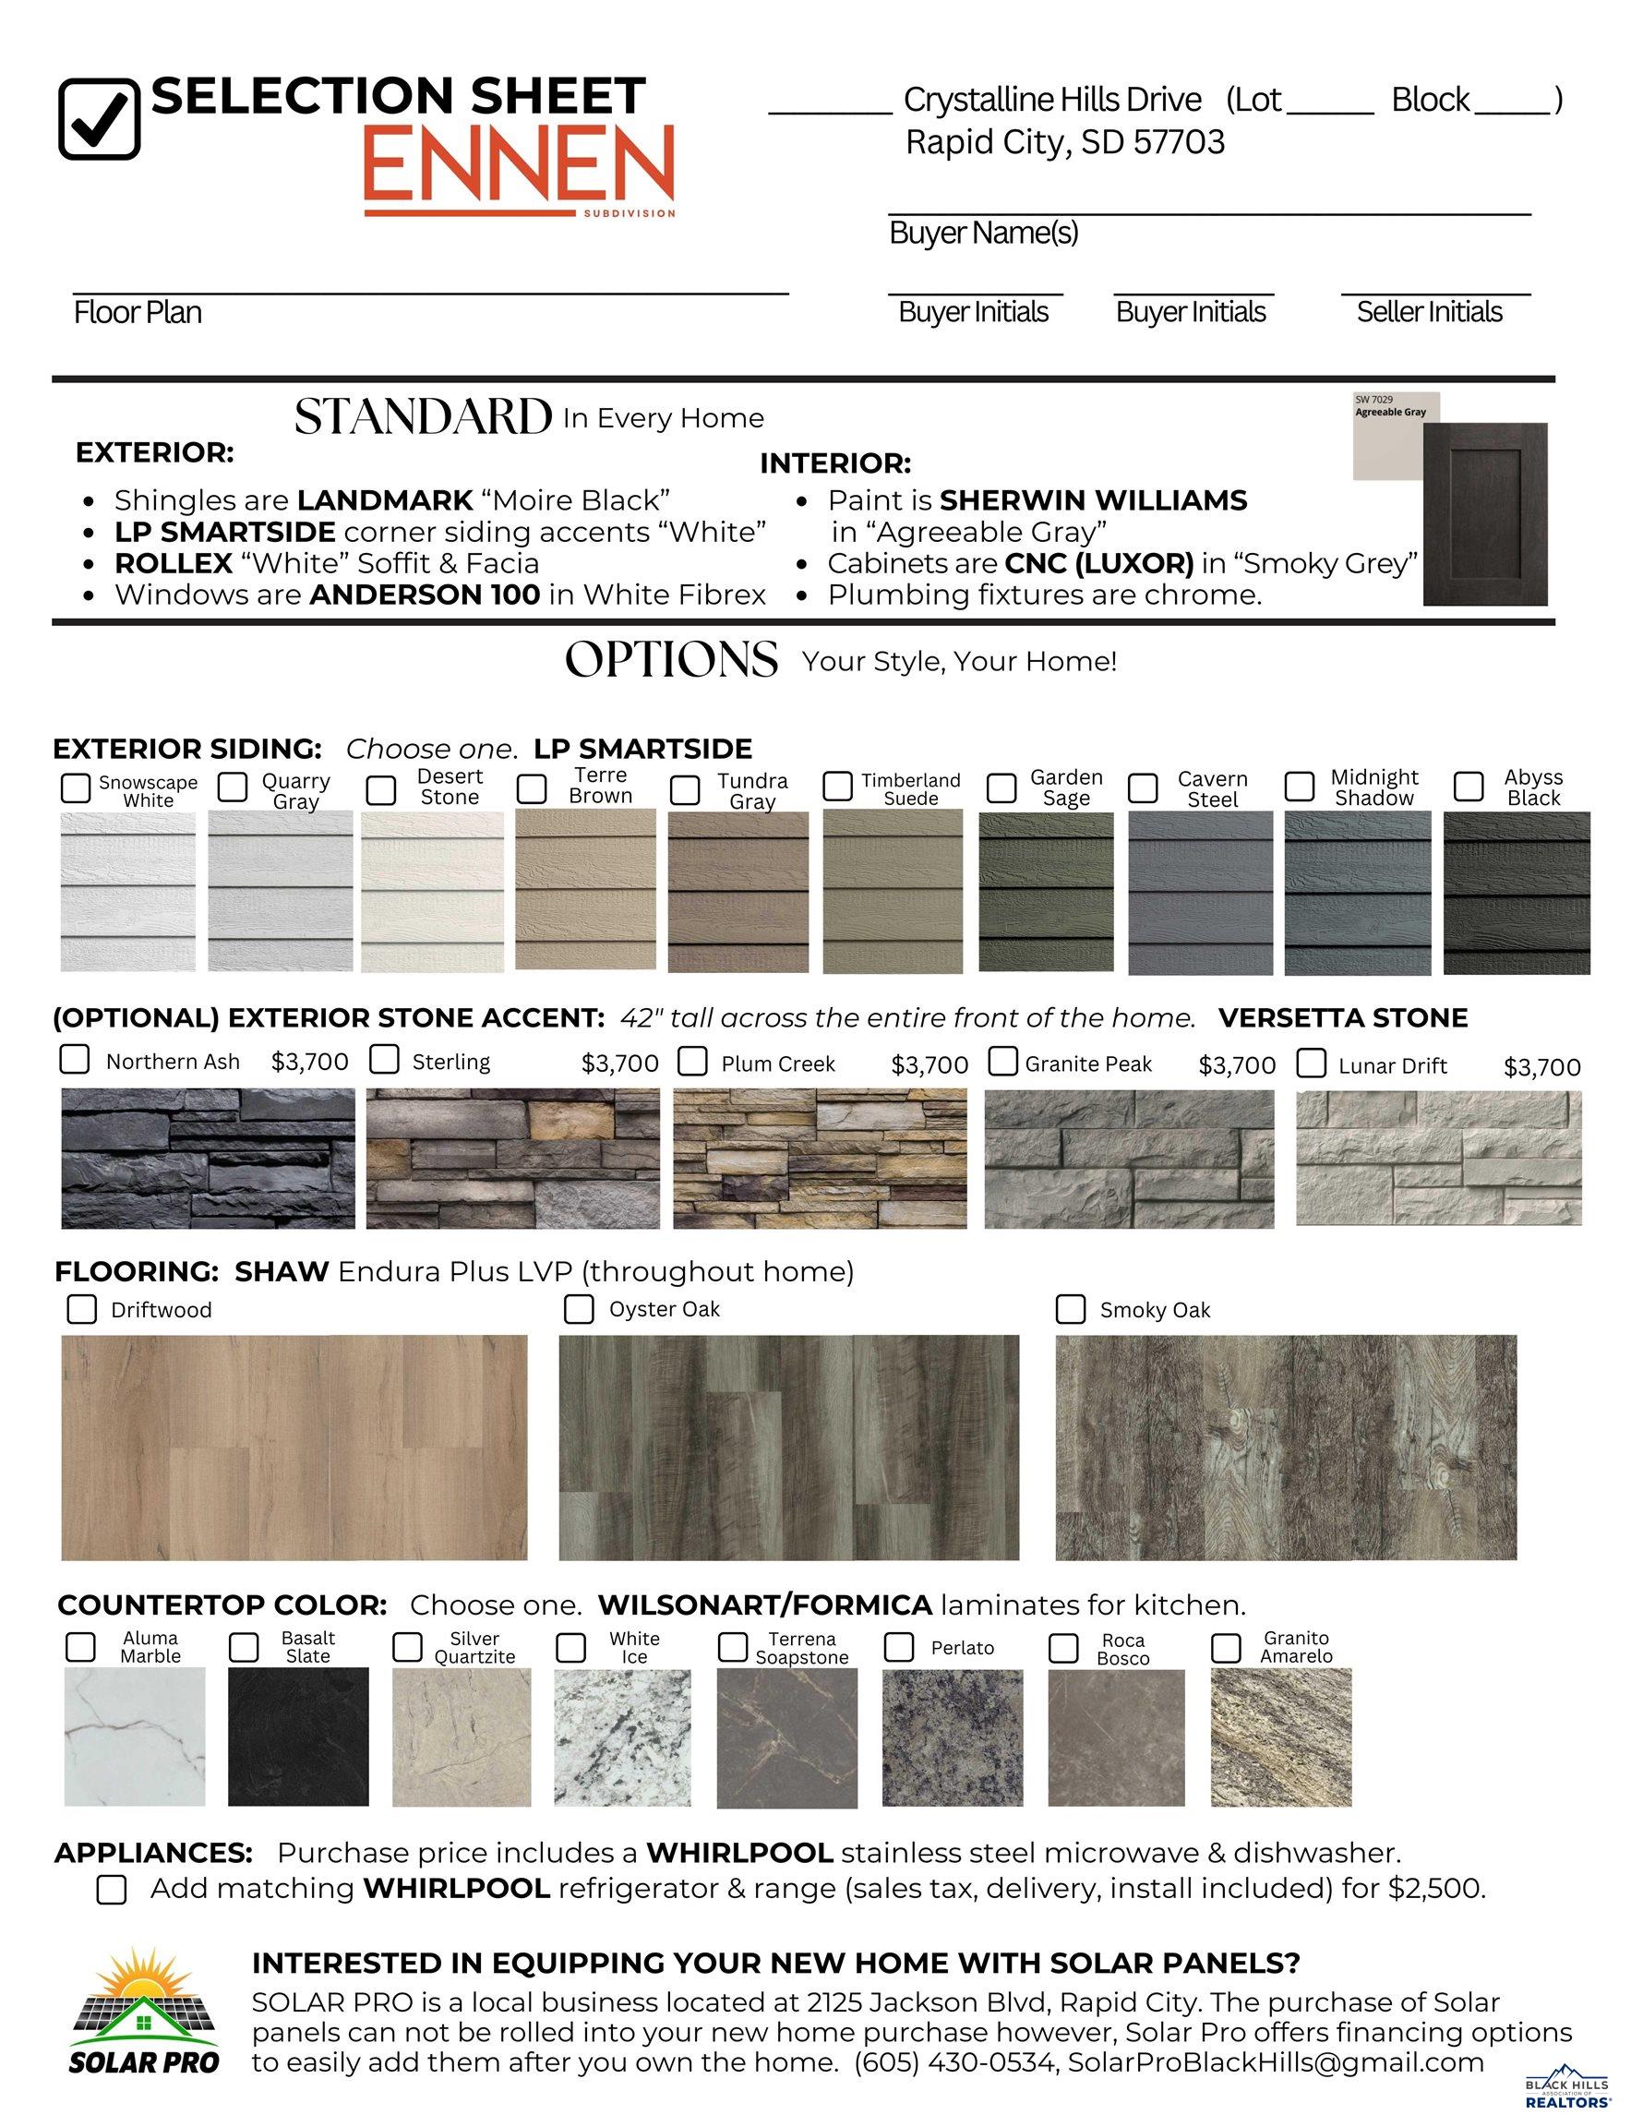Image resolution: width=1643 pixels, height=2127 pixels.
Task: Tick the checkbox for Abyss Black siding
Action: pos(1468,786)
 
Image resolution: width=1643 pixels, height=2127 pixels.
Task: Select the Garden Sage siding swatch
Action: pos(1046,892)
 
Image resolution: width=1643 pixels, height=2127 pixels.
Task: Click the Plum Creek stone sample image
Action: pos(820,1158)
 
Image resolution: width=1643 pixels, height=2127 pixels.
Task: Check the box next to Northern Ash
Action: pos(75,1060)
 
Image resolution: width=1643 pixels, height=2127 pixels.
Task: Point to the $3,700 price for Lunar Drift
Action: pos(1541,1067)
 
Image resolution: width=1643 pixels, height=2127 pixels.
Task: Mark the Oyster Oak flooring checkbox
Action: pos(579,1309)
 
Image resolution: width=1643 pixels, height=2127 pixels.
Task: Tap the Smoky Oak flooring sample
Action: pos(1286,1448)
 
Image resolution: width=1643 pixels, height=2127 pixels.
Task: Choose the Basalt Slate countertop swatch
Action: pos(298,1737)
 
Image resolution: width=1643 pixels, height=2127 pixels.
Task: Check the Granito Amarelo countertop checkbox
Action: pos(1225,1648)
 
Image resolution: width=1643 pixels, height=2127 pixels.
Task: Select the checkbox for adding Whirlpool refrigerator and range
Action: pos(112,1891)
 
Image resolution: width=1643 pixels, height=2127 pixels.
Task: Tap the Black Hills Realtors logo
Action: pos(1566,2090)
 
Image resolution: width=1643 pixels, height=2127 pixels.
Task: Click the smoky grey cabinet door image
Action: pos(1484,514)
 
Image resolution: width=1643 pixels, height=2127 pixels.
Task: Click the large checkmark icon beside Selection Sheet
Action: pos(100,119)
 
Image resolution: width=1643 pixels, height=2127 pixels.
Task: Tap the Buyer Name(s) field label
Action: pos(984,233)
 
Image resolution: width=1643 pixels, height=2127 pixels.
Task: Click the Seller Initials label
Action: pos(1429,312)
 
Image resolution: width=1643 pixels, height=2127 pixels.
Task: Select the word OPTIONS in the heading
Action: pos(671,660)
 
